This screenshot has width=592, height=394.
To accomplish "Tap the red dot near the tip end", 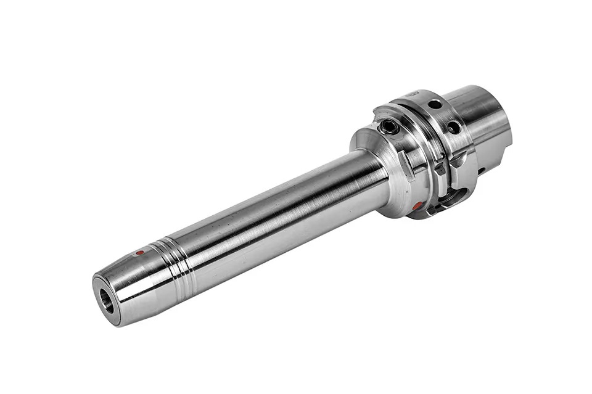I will (140, 253).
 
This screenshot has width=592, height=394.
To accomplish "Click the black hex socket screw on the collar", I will (390, 128).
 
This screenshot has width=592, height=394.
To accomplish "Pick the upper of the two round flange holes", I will (435, 105).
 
